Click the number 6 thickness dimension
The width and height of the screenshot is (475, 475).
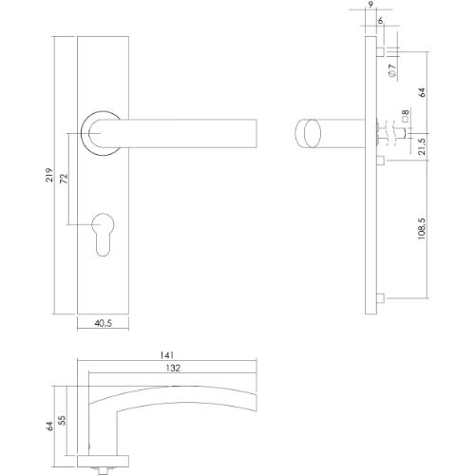[x=380, y=21]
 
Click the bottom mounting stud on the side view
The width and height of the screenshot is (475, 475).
[x=380, y=302]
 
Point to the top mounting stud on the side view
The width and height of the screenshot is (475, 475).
[x=380, y=48]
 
